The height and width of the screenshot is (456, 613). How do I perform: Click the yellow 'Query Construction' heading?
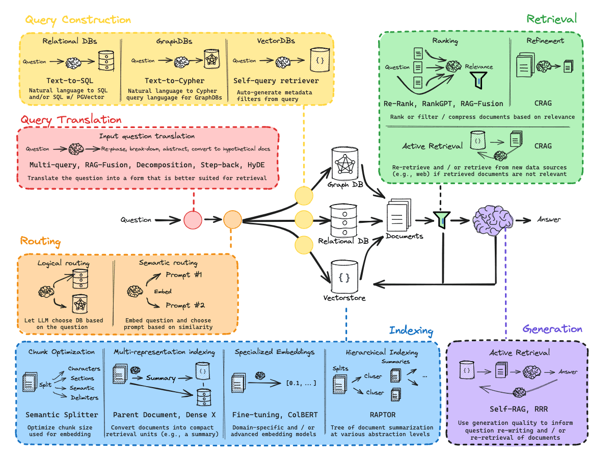tap(78, 20)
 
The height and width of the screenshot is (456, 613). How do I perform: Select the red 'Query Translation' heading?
tap(71, 119)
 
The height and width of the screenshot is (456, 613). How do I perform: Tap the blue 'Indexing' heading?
tap(411, 331)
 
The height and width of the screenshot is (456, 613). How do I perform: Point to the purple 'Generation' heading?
tap(552, 328)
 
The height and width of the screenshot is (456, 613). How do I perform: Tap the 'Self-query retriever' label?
tap(276, 81)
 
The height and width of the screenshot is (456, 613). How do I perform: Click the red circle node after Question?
tap(193, 220)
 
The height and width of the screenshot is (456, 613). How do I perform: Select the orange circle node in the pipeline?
tap(232, 220)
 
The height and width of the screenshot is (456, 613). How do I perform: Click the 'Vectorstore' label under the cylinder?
tap(344, 297)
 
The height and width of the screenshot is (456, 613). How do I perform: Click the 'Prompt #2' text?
tap(185, 305)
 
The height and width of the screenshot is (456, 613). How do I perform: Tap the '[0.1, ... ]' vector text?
tap(301, 383)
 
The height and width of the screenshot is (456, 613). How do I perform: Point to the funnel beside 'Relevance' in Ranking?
tap(478, 80)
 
